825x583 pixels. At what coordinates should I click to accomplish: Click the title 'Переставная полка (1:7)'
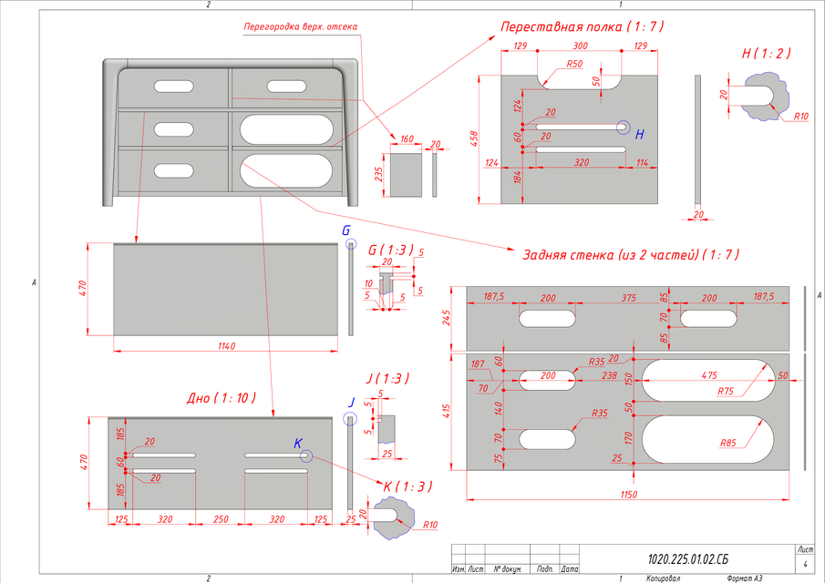[582, 27]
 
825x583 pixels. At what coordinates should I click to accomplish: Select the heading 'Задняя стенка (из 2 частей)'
[629, 254]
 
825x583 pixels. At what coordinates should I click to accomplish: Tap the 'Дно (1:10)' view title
[222, 398]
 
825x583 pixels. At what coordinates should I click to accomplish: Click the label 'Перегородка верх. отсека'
[300, 26]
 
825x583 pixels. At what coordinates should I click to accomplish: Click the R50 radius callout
[574, 65]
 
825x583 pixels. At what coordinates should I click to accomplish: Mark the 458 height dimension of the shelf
[473, 138]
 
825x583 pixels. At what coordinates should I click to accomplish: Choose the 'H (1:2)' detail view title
[766, 54]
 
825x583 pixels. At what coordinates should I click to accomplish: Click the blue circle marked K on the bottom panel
[305, 456]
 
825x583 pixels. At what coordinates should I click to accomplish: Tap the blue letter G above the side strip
[345, 231]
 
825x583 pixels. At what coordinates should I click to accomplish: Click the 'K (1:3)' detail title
[401, 486]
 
